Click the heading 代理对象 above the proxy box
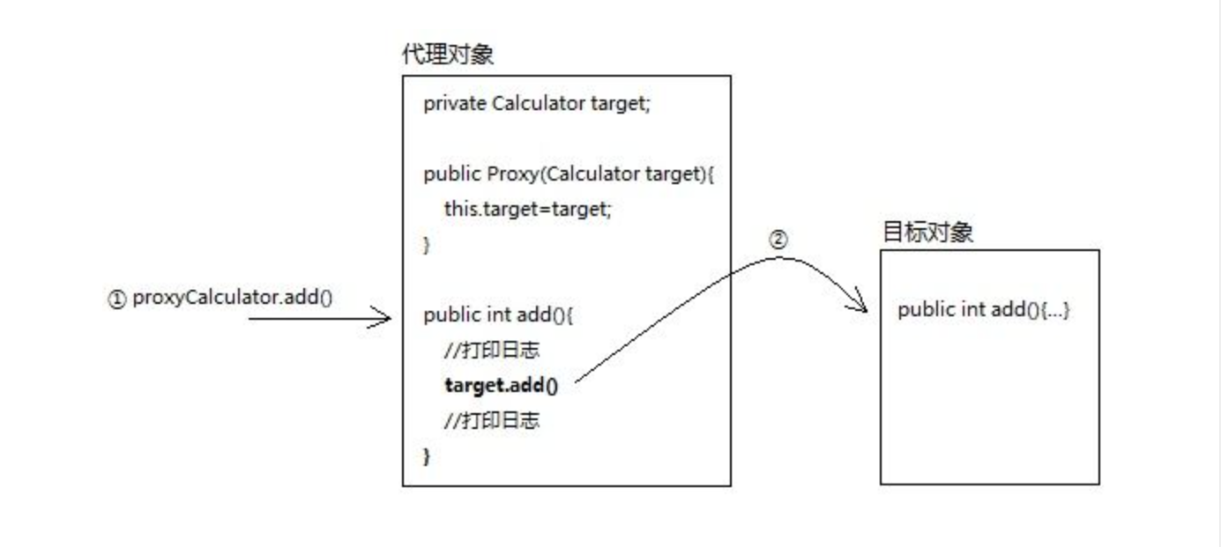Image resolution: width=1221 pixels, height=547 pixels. click(447, 55)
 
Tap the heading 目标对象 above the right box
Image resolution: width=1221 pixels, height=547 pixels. click(927, 233)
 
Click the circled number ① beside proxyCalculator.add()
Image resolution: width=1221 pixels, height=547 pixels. click(117, 299)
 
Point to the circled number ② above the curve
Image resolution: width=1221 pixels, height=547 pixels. click(778, 239)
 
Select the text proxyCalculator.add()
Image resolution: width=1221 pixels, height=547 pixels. click(232, 299)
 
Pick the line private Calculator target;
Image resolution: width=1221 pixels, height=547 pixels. click(536, 104)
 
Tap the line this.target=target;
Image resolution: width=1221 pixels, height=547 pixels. click(527, 210)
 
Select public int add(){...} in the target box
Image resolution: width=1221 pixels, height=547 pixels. click(983, 310)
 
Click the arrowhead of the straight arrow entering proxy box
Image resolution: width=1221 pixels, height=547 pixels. click(384, 318)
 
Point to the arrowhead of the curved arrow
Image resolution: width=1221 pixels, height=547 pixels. click(861, 308)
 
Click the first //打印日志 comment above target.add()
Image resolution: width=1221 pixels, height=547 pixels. click(492, 351)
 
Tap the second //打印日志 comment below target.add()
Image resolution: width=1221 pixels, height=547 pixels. click(492, 421)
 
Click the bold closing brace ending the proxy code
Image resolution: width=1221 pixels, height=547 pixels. click(428, 456)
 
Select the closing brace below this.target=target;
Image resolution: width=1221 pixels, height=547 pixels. click(428, 245)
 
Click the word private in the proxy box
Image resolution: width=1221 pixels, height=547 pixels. click(454, 104)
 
